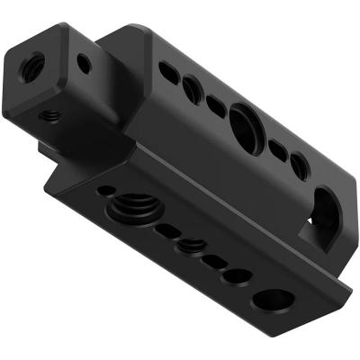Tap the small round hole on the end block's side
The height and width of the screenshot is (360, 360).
click(83, 64)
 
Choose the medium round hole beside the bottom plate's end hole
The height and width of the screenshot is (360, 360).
click(238, 274)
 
